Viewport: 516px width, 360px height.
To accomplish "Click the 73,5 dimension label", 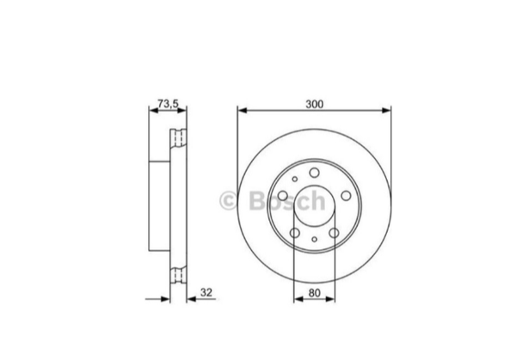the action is click(168, 104).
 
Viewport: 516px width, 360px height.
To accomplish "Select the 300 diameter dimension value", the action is click(315, 104).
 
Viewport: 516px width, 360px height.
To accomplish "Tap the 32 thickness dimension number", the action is click(206, 292).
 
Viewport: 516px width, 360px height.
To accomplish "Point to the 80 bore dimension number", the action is click(314, 293).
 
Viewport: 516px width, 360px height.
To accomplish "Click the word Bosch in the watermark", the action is click(287, 200).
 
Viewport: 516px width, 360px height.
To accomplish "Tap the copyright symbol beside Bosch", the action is click(228, 200).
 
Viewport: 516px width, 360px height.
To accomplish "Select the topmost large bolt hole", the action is click(314, 173).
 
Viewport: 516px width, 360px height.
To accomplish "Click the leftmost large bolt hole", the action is click(283, 196).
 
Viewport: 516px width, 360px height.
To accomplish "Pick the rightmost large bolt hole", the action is click(347, 196).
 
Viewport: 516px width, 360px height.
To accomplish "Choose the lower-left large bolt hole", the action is click(295, 233).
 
